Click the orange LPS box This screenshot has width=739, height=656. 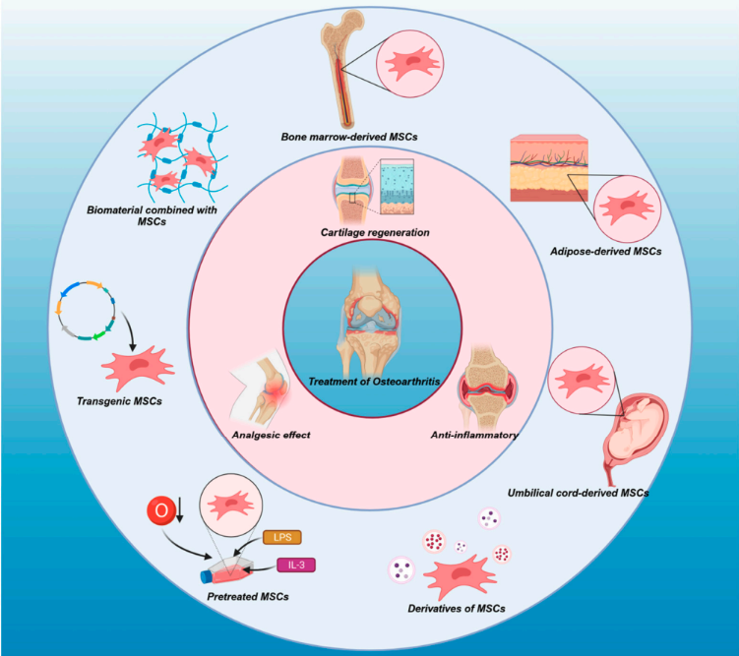[x=281, y=537]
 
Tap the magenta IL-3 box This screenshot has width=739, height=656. [x=296, y=565]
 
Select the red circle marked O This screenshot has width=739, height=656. [x=161, y=510]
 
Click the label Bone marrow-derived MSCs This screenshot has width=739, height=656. [x=349, y=137]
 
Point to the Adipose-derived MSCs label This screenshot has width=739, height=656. [x=605, y=252]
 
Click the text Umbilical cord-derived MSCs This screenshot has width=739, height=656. [x=579, y=493]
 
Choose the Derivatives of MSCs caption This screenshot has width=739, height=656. [x=457, y=609]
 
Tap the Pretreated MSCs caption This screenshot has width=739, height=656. [x=248, y=597]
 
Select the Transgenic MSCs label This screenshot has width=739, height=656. [x=119, y=401]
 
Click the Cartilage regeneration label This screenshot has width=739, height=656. [x=375, y=232]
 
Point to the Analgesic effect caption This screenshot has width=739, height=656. [x=271, y=435]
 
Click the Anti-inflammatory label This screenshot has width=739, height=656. [x=474, y=435]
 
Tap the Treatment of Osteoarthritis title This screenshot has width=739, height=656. [x=374, y=382]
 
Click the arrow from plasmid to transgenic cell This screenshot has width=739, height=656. [x=128, y=330]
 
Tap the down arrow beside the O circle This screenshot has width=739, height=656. [x=179, y=511]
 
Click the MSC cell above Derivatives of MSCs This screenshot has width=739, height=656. [x=459, y=575]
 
